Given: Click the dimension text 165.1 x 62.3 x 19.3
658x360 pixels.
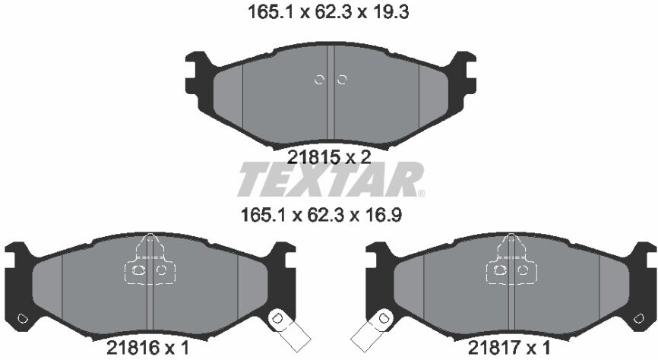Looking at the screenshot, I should (330, 12).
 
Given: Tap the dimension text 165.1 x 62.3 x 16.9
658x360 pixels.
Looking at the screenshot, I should (329, 215).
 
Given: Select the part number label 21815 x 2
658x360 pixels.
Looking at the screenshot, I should (329, 157).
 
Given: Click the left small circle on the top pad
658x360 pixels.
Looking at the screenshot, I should (320, 80).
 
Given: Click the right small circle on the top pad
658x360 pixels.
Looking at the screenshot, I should (341, 80).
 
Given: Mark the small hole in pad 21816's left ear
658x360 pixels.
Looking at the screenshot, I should (22, 318).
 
